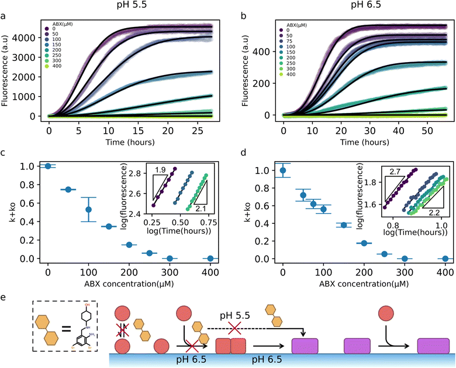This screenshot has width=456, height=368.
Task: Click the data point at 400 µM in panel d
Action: tap(445, 258)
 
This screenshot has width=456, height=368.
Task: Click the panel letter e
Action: tap(4, 298)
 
